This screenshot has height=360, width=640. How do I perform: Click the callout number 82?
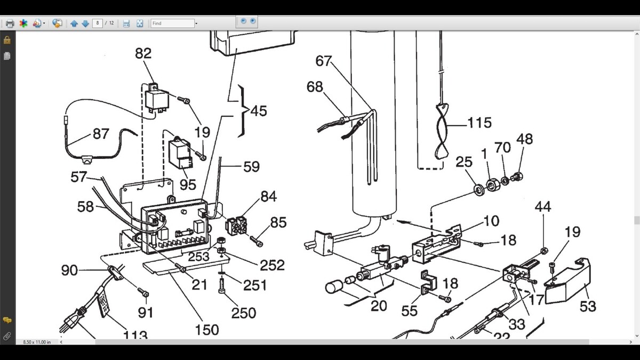coord(143,54)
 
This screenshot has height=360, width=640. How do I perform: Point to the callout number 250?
coord(243,313)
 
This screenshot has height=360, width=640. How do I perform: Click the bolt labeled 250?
coord(222,289)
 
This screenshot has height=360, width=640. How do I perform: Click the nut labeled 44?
coord(543,250)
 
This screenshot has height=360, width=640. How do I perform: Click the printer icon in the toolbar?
coord(10,23)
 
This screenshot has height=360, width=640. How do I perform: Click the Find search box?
coord(172,23)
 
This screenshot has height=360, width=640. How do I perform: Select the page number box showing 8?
coord(98,23)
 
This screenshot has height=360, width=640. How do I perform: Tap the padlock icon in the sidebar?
coord(7,41)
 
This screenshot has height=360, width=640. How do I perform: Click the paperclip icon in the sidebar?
coord(7,337)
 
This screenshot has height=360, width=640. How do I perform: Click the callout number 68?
coord(315,86)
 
